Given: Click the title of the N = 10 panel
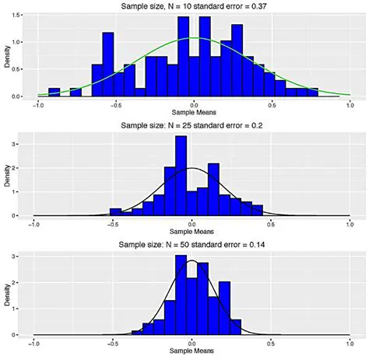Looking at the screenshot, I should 192,6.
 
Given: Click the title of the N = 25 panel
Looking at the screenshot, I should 192,126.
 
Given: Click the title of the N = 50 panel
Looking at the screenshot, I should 192,246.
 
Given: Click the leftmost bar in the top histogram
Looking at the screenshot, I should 54,93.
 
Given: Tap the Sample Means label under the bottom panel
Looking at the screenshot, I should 192,352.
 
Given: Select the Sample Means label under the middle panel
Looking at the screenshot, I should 192,232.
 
